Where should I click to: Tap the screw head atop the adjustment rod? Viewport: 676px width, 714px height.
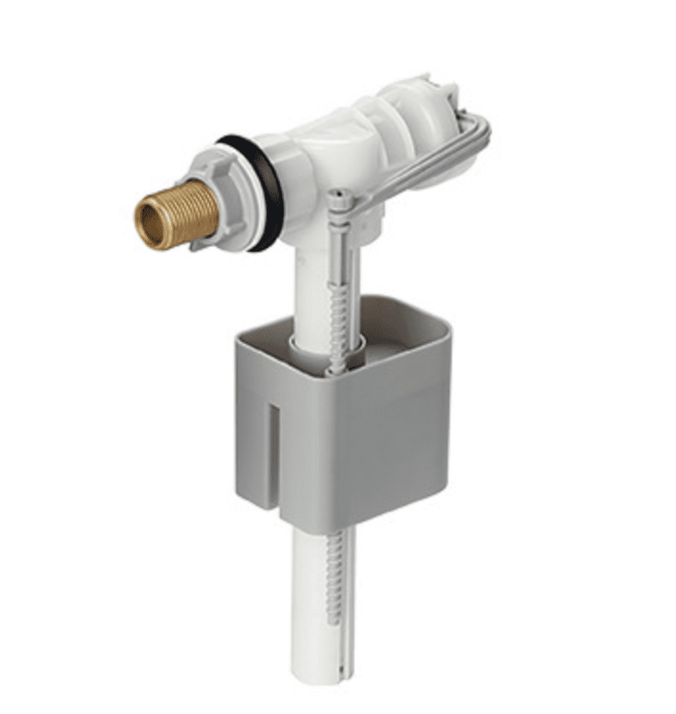pos(338,195)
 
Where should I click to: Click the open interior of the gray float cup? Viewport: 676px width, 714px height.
pos(400,328)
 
